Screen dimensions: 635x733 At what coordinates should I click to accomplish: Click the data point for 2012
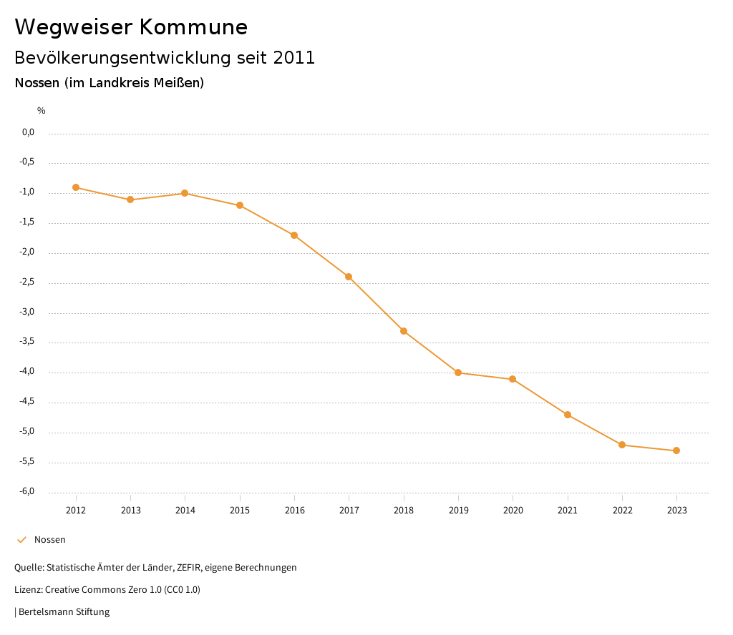click(76, 187)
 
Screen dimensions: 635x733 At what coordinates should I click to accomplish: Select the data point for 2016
click(294, 235)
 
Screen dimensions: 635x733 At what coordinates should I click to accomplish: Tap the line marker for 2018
click(404, 331)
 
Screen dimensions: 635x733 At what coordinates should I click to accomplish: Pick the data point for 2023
click(676, 451)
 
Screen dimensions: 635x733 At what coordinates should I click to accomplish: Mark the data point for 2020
click(513, 379)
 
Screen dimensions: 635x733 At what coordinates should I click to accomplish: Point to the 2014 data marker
click(185, 193)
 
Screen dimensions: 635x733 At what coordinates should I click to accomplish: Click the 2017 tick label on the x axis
click(349, 511)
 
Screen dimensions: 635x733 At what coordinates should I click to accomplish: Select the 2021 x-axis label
click(568, 511)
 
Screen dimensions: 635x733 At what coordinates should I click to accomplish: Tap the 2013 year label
click(130, 511)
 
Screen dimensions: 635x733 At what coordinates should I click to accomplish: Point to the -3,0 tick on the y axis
click(27, 312)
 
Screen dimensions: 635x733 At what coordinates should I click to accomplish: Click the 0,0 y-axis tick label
click(29, 132)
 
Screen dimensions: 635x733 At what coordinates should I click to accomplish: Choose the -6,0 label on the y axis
click(27, 492)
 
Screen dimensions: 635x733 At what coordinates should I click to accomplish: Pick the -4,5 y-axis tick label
click(27, 402)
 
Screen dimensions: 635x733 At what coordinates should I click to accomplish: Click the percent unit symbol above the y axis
click(42, 111)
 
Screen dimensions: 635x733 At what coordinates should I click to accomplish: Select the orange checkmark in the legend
click(21, 540)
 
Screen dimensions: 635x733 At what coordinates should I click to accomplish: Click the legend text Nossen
click(50, 540)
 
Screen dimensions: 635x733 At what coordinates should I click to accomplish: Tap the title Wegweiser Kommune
click(131, 27)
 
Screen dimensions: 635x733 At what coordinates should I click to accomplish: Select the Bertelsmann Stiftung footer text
click(64, 612)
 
